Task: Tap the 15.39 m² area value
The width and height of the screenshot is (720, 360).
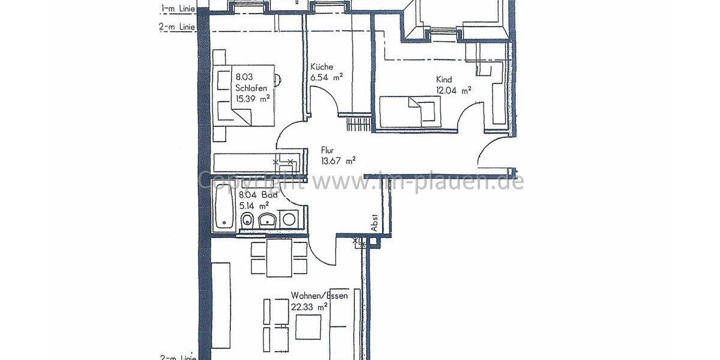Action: click(x=253, y=99)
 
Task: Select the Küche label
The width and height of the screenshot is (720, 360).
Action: click(x=322, y=67)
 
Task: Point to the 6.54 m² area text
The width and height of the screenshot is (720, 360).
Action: click(x=326, y=77)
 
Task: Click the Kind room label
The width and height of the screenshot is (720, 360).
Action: click(x=444, y=79)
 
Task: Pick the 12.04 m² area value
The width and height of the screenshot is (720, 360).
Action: click(x=454, y=91)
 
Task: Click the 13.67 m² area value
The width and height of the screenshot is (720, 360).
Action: click(x=338, y=160)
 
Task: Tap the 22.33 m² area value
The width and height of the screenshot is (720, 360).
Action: click(x=310, y=306)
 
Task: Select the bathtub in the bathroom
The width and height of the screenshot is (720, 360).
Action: click(x=224, y=208)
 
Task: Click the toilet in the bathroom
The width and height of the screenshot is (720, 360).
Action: click(x=247, y=222)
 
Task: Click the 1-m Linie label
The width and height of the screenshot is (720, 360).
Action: click(x=178, y=8)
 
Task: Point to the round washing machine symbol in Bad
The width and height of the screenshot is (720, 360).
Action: click(x=289, y=220)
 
